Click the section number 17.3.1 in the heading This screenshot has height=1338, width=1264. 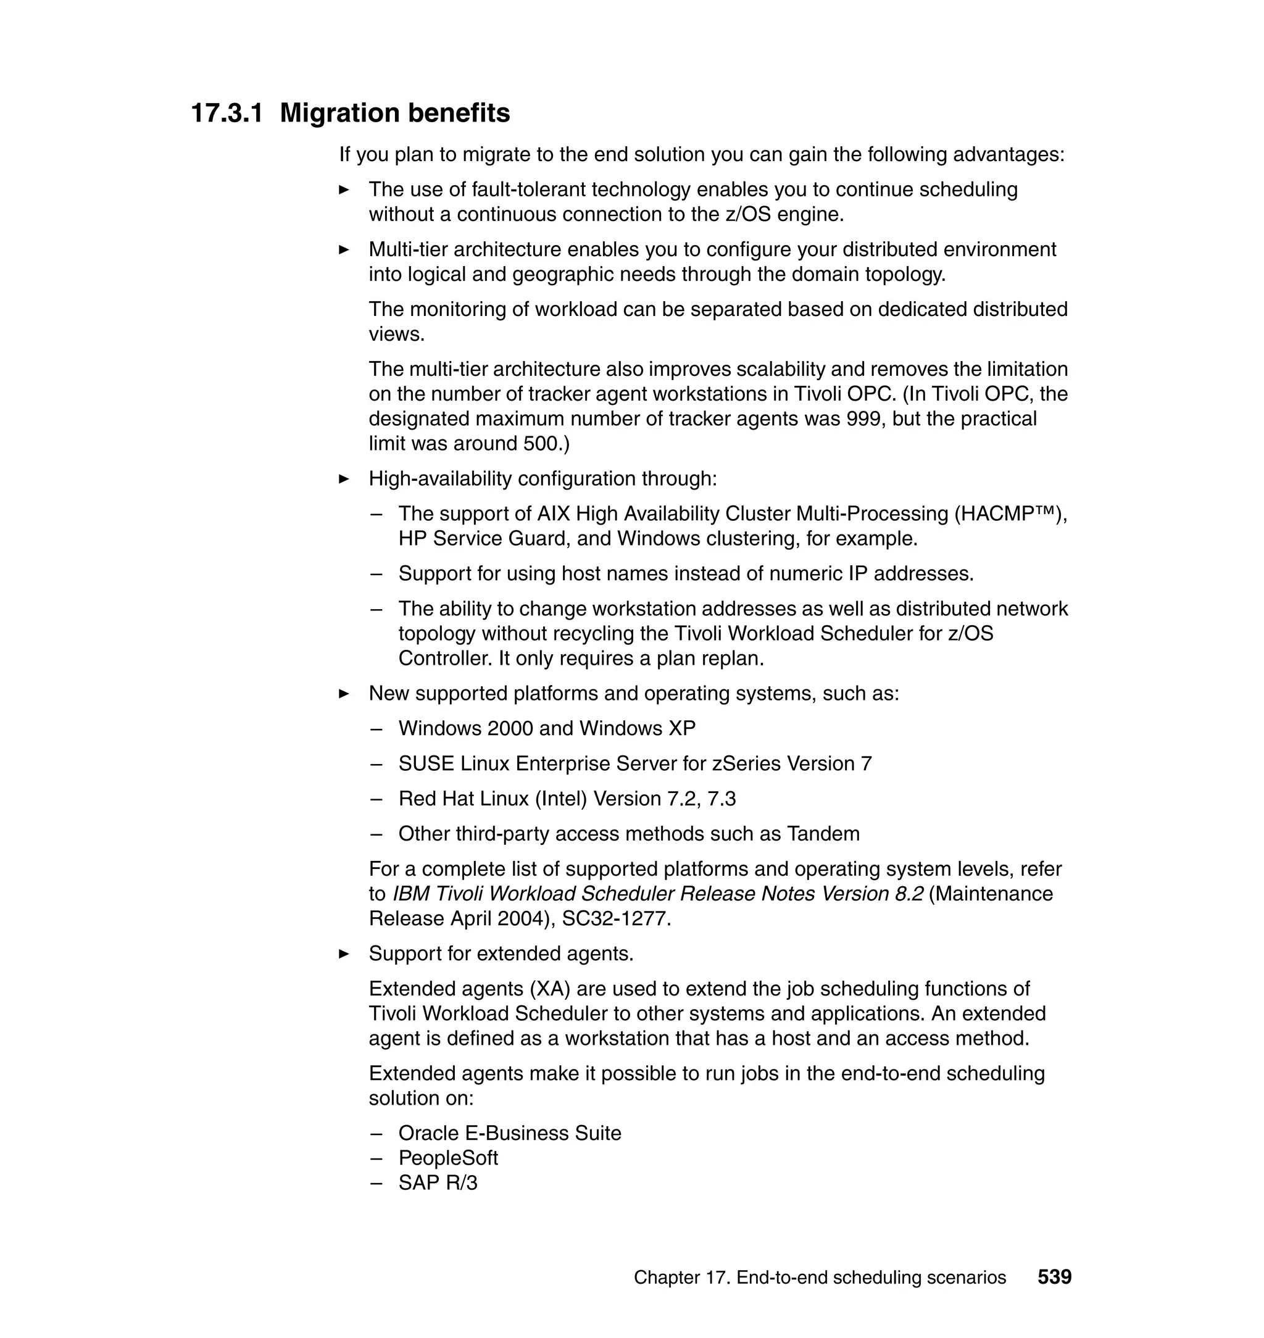(x=227, y=113)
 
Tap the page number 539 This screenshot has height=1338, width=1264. (x=1054, y=1277)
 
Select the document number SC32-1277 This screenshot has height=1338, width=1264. (x=616, y=919)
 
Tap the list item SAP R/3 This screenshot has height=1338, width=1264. (x=438, y=1183)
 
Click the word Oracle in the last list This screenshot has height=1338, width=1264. (x=428, y=1133)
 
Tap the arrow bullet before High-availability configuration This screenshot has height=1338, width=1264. (x=344, y=480)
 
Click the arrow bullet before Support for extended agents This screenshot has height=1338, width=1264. (x=344, y=954)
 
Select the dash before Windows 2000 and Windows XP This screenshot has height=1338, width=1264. (x=376, y=729)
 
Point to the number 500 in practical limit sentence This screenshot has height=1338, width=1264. (x=541, y=444)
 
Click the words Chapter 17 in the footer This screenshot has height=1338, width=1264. (x=681, y=1278)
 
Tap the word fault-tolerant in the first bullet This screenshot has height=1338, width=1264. (x=530, y=190)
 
